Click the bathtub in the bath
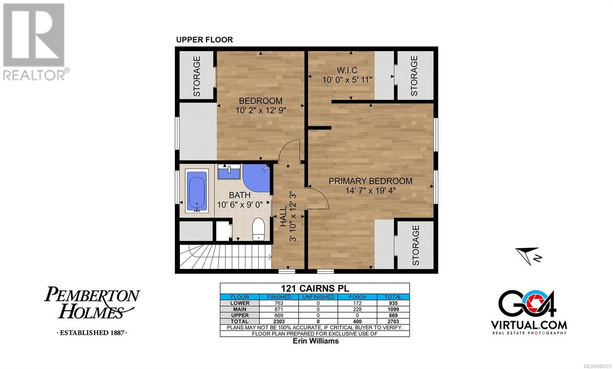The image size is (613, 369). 197,191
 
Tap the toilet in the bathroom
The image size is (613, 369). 258,229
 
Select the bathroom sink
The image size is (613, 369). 229,172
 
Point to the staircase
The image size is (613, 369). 226,257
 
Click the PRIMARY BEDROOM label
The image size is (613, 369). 370,181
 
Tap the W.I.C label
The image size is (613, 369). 347,70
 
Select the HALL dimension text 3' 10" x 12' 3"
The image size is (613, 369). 293,216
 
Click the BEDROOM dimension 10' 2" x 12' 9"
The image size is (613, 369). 261,111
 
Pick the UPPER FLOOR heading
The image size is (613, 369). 205,40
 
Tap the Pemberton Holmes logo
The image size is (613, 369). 92,310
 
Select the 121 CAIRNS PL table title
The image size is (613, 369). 315,288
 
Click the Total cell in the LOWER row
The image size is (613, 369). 393,303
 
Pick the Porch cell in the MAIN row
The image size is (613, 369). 357,309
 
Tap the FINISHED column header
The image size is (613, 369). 279,297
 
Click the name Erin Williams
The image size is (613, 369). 316,341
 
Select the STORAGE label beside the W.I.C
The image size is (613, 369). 414,76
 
